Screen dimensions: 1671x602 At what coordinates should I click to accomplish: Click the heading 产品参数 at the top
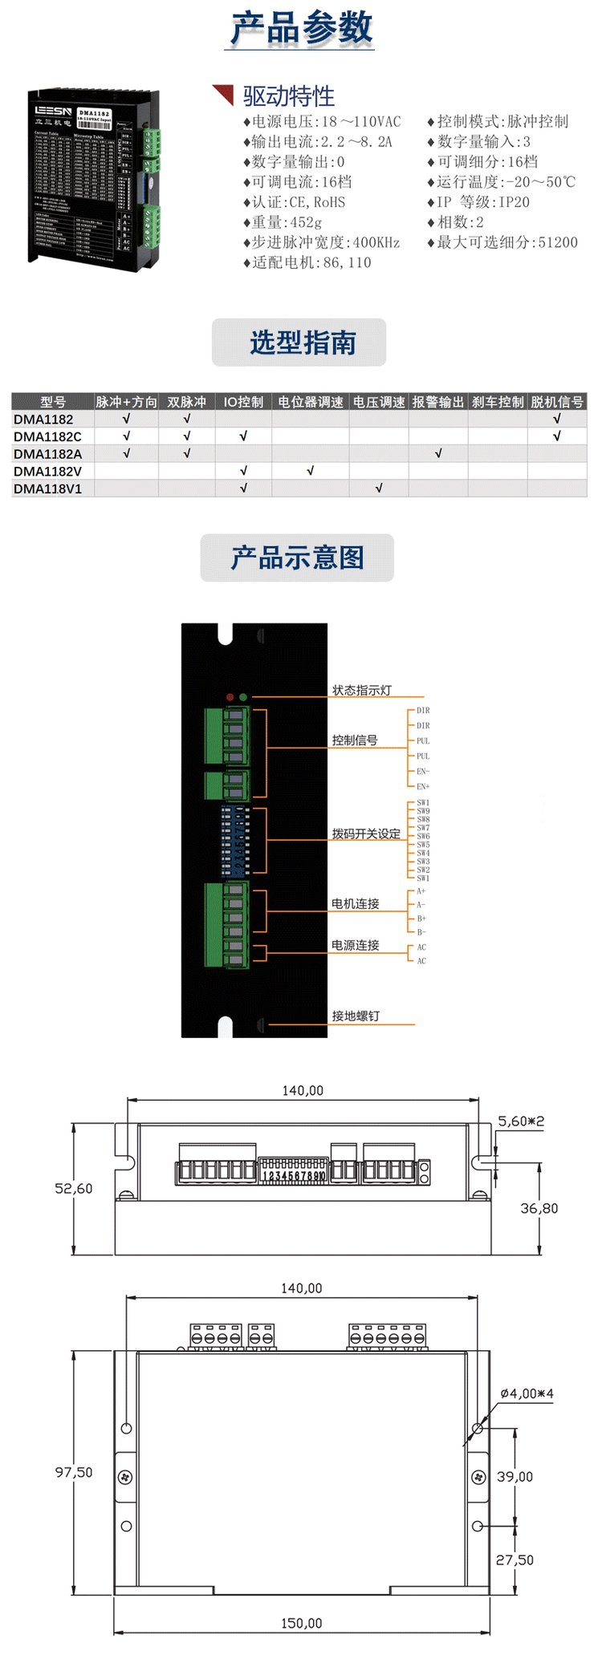coord(302,29)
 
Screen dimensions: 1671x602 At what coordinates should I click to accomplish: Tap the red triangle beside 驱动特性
coord(223,94)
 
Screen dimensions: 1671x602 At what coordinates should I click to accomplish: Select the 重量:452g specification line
coord(287,222)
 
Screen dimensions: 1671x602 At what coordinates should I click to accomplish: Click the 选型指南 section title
coord(302,343)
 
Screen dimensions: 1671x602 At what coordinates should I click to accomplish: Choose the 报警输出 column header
coord(438,402)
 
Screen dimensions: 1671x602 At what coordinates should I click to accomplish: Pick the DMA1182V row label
coord(47,471)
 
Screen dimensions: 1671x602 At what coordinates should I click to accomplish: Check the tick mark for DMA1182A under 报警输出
coord(438,454)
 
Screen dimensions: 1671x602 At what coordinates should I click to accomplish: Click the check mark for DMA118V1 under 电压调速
coord(379,489)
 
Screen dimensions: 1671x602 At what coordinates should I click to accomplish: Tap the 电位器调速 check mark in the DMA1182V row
coord(310,471)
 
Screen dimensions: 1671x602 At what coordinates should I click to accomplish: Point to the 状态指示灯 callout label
coord(362,690)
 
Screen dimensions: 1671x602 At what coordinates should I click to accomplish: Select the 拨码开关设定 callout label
coord(366,833)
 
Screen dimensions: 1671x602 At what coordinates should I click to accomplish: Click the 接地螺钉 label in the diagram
coord(356,1016)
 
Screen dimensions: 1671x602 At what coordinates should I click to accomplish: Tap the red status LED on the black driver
coord(230,697)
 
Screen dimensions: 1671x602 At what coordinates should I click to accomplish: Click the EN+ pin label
coord(423,786)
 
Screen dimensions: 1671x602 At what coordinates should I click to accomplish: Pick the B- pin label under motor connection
coord(421,932)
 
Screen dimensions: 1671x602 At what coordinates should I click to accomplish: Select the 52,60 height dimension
coord(74,1188)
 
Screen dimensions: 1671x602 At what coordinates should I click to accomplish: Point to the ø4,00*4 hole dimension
coord(527,1393)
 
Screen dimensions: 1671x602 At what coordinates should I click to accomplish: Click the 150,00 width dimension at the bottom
coord(302,1623)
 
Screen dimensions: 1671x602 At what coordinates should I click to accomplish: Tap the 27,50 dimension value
coord(515,1559)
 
